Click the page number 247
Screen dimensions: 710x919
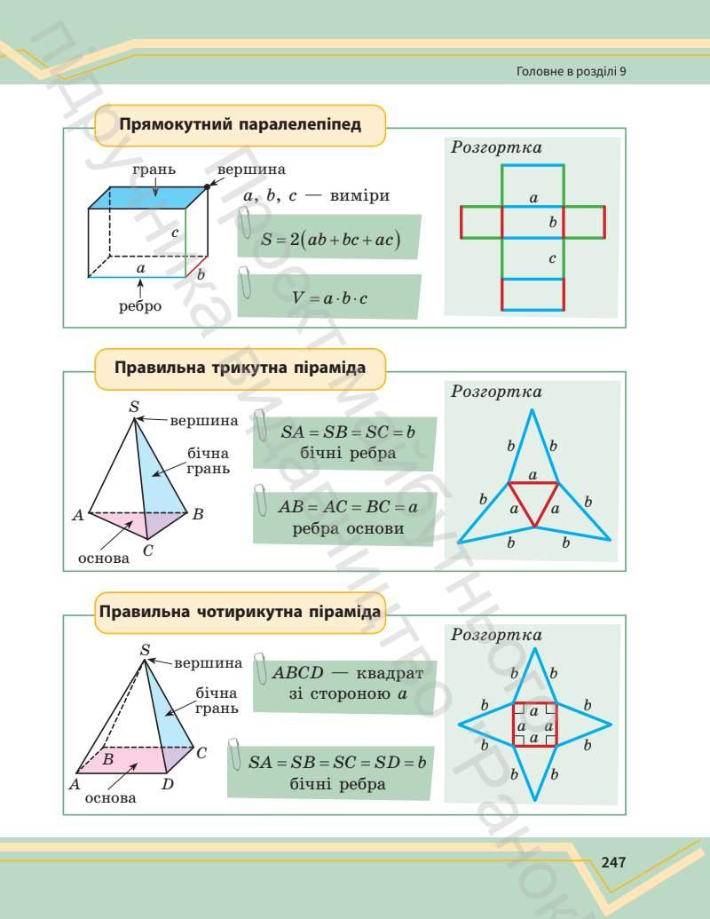(x=614, y=862)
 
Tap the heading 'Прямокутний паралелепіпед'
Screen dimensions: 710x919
(x=240, y=124)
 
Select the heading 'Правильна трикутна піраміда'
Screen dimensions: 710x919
(x=241, y=367)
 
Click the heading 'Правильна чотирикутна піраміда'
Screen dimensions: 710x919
(x=241, y=612)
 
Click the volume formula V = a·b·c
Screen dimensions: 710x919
(x=330, y=298)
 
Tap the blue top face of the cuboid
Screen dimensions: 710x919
(x=147, y=197)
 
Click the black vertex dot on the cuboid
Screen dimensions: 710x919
(x=208, y=186)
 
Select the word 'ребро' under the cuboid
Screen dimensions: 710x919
(x=140, y=306)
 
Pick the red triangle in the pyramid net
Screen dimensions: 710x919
(x=532, y=502)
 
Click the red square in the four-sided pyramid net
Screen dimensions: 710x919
(x=534, y=725)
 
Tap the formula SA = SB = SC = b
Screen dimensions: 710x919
(x=348, y=432)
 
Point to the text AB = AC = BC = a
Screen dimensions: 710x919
(x=347, y=508)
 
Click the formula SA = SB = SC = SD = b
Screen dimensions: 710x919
(x=337, y=762)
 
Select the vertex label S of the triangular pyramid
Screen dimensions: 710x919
(x=135, y=407)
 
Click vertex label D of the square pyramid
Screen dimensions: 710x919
(x=168, y=785)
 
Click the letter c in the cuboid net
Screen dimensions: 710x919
(x=552, y=259)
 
